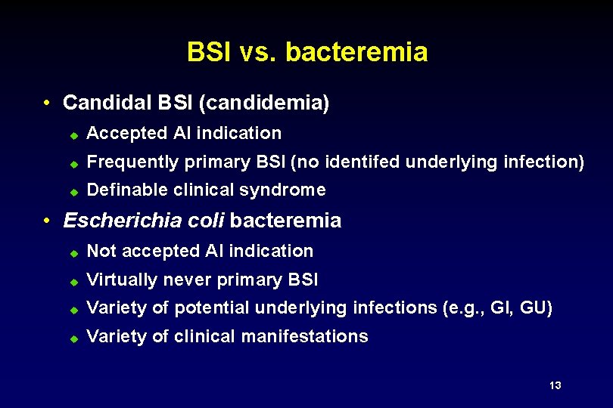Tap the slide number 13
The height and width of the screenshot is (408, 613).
click(x=555, y=386)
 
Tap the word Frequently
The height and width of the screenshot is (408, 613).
click(x=129, y=162)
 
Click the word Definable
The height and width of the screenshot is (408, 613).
click(x=127, y=190)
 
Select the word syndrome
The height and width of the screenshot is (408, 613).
click(x=290, y=190)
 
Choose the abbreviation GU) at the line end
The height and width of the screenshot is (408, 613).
click(x=537, y=308)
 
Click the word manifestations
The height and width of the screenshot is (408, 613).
click(x=306, y=336)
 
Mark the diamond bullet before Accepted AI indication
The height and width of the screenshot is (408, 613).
click(x=73, y=134)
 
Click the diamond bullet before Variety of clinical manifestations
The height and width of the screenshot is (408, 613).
click(x=73, y=338)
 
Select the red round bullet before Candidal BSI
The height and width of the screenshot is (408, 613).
click(x=47, y=103)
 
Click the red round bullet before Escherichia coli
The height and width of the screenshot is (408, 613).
click(x=47, y=221)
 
